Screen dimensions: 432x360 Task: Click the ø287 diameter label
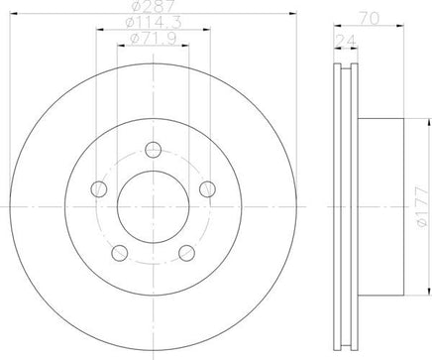[153, 6]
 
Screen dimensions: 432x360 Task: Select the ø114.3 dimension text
[154, 23]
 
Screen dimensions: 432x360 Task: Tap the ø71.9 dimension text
[154, 39]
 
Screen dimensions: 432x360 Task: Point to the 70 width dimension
[369, 19]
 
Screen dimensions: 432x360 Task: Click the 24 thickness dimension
[346, 42]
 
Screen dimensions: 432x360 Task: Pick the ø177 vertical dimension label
[422, 207]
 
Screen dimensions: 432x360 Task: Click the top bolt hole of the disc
[154, 150]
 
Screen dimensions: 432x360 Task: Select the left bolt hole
[99, 189]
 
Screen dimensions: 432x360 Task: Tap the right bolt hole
[208, 189]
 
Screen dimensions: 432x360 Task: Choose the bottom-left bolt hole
[120, 253]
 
